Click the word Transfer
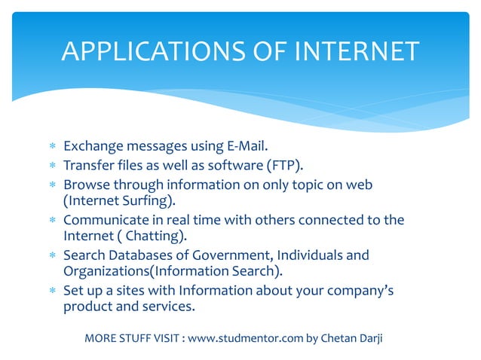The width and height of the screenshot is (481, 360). tap(89, 165)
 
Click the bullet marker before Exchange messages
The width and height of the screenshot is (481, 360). tap(52, 145)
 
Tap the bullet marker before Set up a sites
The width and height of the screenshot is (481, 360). tap(52, 291)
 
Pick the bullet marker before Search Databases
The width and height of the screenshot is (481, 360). tap(52, 256)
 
